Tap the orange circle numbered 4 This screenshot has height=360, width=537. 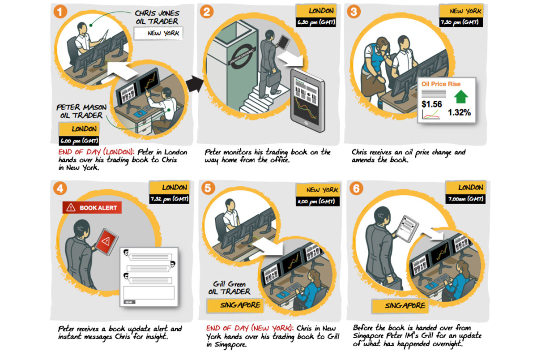60,187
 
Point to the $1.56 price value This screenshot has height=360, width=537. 432,104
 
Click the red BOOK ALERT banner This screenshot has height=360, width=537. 92,207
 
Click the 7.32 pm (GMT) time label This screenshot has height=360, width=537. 169,199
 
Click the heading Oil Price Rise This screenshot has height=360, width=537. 441,84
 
